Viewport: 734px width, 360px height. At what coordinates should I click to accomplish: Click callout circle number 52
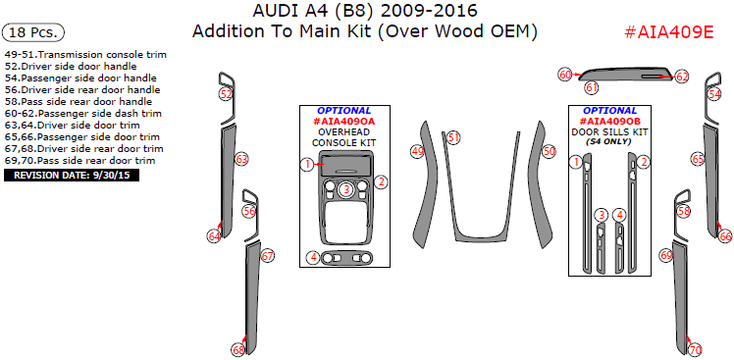coord(226,94)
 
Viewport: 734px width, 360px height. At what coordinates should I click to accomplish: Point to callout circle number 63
coord(241,159)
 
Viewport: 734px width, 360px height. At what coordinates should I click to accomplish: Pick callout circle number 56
coord(249,211)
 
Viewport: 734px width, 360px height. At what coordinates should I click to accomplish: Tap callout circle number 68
coord(237,349)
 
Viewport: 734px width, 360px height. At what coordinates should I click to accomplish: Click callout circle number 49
coord(417,151)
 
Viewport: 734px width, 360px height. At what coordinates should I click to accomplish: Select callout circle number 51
coord(453,137)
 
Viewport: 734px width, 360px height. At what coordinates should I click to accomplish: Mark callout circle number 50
coord(549,151)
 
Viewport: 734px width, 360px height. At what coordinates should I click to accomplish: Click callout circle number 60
coord(565,75)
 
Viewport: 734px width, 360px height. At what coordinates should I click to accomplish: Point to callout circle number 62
coord(682,76)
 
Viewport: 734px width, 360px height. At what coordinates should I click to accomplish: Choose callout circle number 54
coord(714,95)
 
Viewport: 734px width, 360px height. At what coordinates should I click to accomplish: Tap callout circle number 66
coord(725,236)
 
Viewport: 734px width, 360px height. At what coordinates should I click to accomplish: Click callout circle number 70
coord(696,349)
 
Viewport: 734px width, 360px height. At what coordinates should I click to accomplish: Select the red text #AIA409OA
coord(344,122)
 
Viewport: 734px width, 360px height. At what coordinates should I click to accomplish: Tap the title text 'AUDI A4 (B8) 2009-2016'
coord(366,11)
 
